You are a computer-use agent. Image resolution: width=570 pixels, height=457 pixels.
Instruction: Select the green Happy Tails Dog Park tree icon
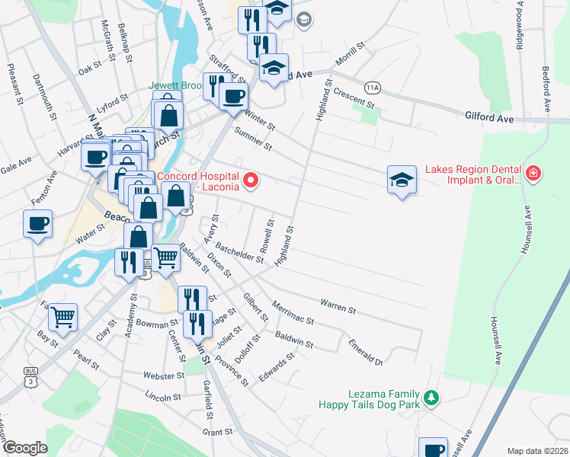click(431, 398)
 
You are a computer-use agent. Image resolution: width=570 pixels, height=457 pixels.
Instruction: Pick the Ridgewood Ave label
click(520, 27)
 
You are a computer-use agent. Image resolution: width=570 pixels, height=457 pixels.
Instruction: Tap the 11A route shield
click(372, 88)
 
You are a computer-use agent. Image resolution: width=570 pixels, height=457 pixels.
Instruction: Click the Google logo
click(25, 448)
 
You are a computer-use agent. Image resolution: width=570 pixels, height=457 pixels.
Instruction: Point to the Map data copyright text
click(537, 450)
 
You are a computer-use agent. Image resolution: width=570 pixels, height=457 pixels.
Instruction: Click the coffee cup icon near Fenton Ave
click(37, 224)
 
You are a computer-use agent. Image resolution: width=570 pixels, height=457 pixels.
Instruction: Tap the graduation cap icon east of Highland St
click(402, 181)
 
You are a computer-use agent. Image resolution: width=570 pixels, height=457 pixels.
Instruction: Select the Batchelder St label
click(239, 254)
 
